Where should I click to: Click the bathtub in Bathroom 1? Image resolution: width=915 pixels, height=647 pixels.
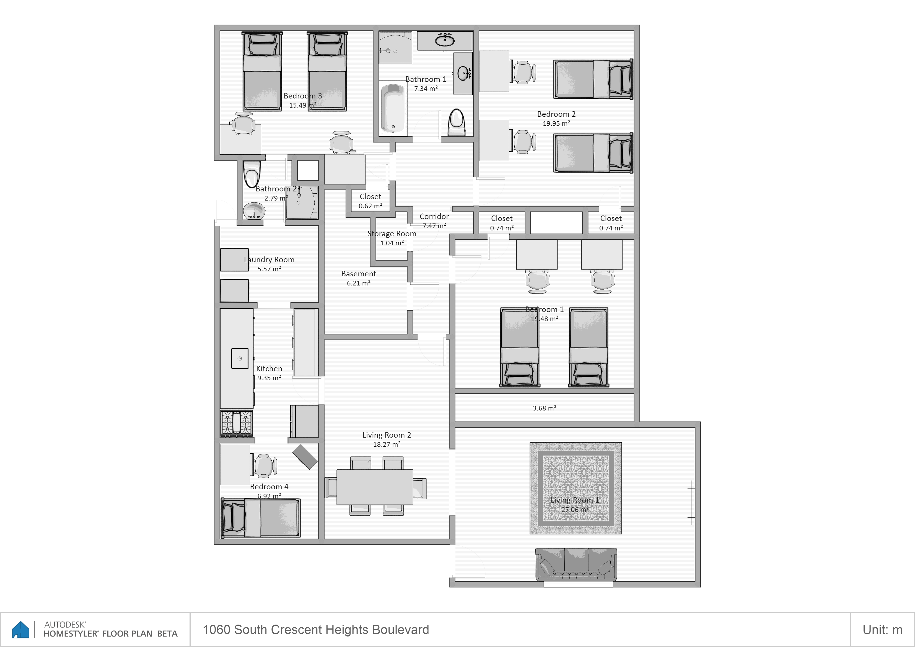tap(393, 108)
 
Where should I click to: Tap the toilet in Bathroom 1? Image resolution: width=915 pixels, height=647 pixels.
tap(456, 123)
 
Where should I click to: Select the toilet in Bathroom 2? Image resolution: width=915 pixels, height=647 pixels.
tap(252, 174)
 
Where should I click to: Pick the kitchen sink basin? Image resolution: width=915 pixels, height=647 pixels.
tap(240, 358)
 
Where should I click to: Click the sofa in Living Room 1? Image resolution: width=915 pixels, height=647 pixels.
tap(576, 564)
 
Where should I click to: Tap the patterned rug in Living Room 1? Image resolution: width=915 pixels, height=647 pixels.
tap(576, 488)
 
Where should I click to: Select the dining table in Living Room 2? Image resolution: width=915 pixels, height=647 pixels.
tap(375, 487)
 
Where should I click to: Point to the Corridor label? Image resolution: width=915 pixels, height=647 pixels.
tap(434, 216)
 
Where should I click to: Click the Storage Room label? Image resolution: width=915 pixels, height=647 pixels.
tap(392, 233)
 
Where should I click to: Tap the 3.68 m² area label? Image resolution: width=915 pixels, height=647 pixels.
tap(544, 408)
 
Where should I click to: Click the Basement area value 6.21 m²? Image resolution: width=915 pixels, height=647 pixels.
tap(358, 283)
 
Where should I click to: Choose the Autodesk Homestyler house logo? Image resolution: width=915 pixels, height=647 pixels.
tap(21, 630)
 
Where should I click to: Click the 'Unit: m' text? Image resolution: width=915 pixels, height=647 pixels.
tap(882, 630)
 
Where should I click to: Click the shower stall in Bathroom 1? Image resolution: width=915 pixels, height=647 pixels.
tap(395, 47)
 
